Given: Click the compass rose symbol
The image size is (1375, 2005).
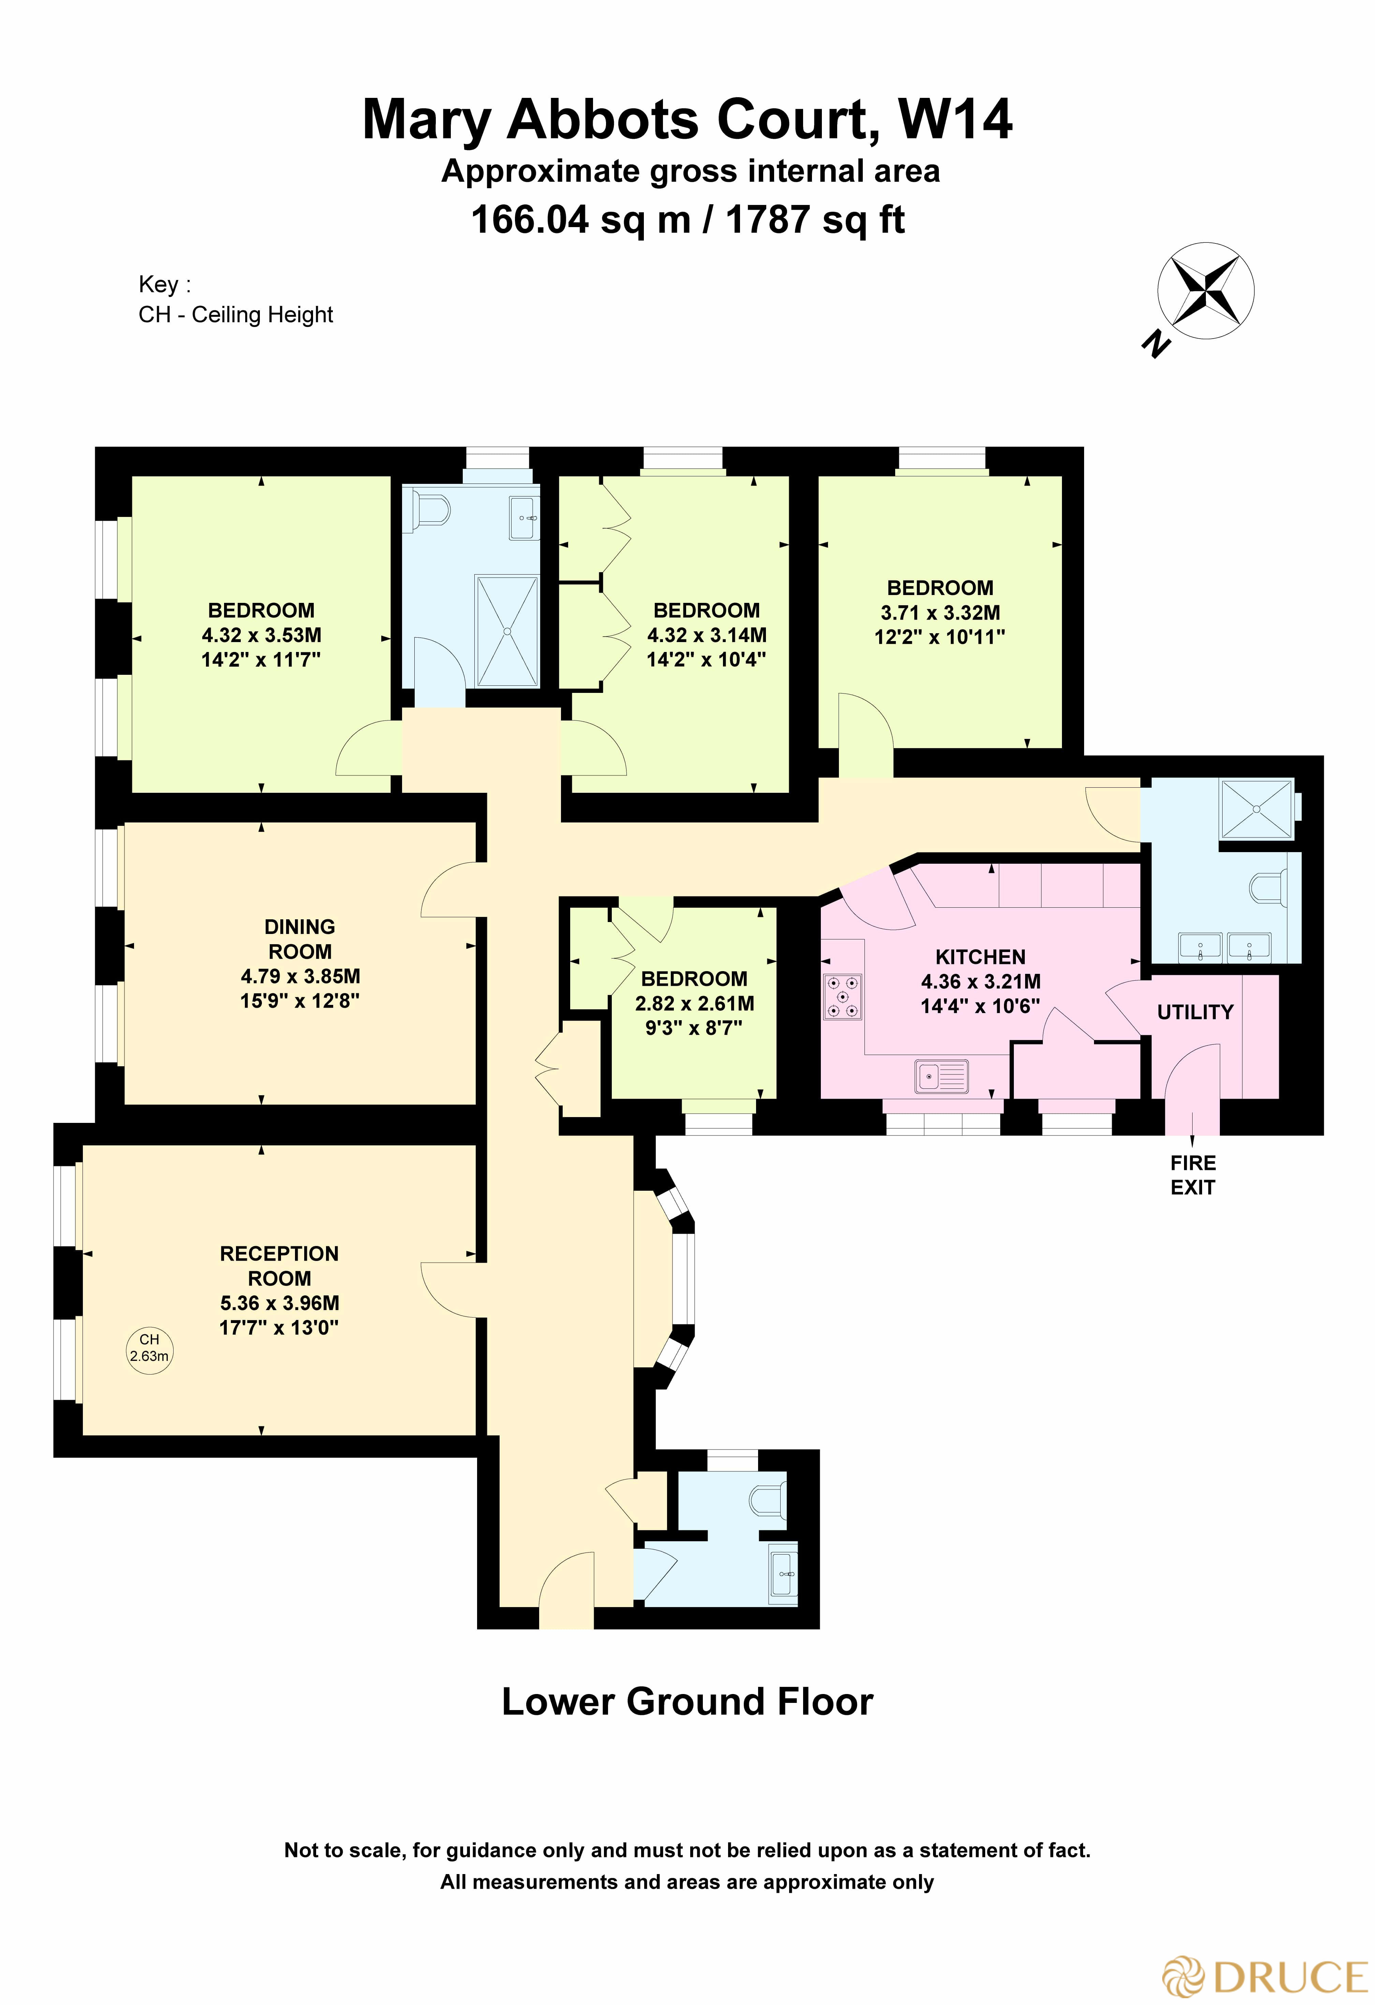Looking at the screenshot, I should point(1205,291).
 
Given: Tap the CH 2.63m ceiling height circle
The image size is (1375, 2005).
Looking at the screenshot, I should point(149,1348).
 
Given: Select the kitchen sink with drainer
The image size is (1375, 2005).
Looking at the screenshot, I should point(941,1077).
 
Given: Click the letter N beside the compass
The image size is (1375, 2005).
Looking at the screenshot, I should point(1156,345).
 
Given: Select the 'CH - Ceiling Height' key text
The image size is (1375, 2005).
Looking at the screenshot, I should point(236,315).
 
